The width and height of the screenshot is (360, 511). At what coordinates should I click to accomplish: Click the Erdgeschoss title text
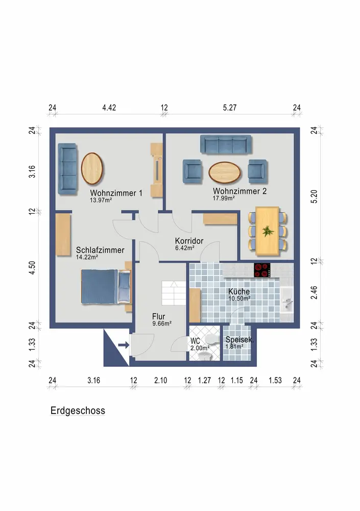point(78,411)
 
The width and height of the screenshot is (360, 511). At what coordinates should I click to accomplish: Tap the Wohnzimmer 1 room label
point(116,193)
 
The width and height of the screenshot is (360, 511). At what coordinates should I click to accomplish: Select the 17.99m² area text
point(224,198)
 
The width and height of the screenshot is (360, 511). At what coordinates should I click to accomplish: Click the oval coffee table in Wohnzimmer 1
point(92,169)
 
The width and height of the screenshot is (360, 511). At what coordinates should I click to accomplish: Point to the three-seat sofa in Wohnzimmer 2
point(226,145)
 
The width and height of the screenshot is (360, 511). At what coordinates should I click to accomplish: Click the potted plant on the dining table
point(268,231)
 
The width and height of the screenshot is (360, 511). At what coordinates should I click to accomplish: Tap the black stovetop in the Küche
point(262,270)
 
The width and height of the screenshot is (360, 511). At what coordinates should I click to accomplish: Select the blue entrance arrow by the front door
point(124,345)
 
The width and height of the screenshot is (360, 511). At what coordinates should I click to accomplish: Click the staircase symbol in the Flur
point(174,293)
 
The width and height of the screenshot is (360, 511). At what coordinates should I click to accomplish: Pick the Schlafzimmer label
point(100,250)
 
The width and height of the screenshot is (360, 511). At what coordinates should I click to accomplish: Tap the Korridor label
point(189,241)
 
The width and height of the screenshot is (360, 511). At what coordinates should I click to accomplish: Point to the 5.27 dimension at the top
point(230,107)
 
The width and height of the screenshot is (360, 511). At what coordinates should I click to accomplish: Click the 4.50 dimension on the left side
point(32,268)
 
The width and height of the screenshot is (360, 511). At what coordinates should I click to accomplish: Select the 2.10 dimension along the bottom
point(161,380)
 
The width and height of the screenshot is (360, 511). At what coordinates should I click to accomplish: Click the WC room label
point(195,341)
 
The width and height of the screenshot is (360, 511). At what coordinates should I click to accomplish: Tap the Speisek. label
point(239,340)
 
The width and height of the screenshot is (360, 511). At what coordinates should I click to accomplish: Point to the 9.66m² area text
point(162,323)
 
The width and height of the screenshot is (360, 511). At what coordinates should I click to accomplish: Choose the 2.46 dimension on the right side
point(314,292)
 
